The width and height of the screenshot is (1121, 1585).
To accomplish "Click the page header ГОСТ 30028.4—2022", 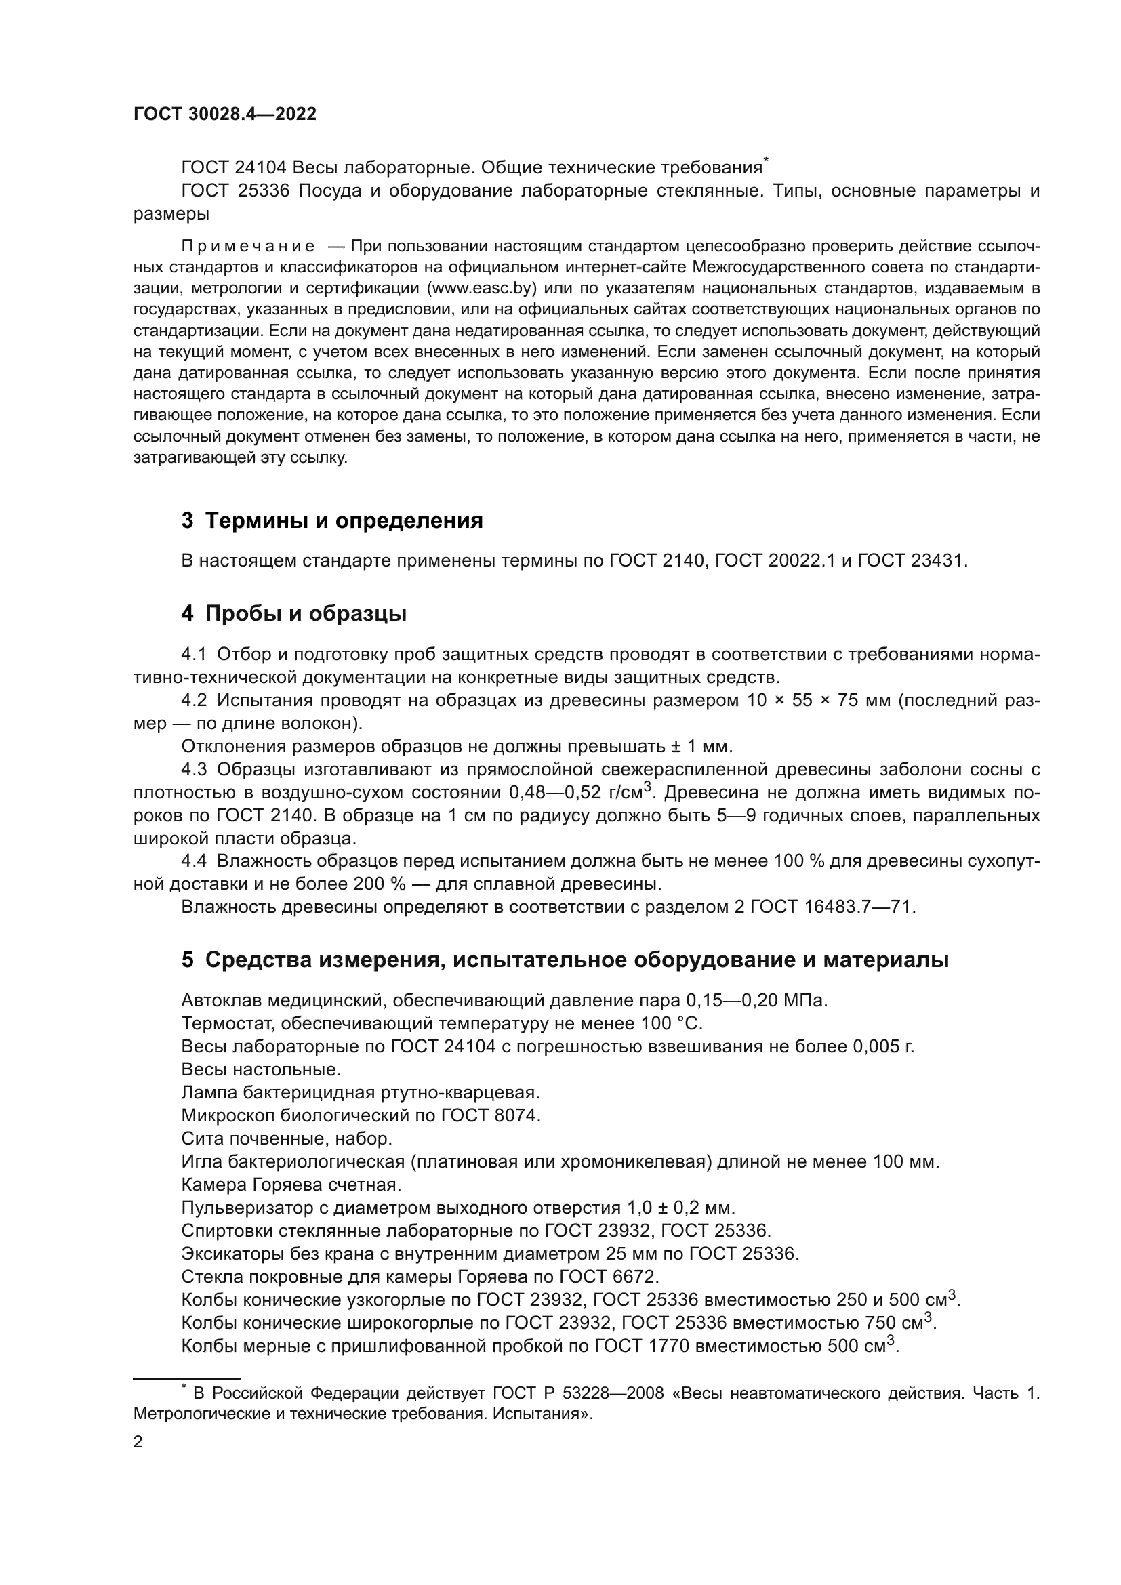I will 224,115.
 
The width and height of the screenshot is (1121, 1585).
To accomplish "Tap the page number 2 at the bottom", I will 138,1441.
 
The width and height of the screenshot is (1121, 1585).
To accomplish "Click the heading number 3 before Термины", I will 187,520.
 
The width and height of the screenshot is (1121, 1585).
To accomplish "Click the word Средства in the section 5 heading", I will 258,960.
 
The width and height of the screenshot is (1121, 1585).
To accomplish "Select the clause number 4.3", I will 194,769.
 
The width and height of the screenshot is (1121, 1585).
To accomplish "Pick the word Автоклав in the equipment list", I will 221,1000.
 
